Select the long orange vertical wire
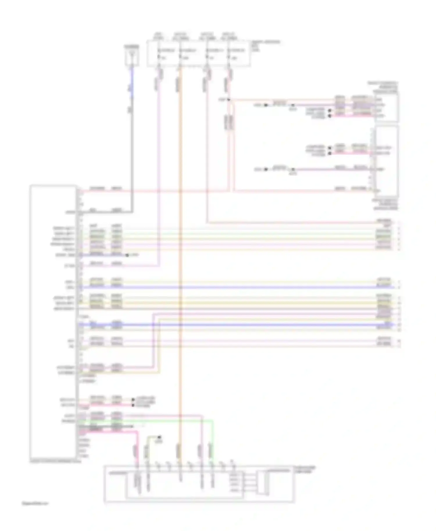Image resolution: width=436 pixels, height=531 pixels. click(180, 261)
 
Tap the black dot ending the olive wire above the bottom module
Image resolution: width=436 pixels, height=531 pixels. click(159, 437)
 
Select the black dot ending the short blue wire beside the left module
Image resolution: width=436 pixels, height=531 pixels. click(127, 255)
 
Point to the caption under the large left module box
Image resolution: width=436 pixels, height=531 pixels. click(55, 461)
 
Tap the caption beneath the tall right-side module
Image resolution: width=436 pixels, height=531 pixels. click(385, 204)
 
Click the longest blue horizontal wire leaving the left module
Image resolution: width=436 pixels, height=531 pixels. click(233, 287)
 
